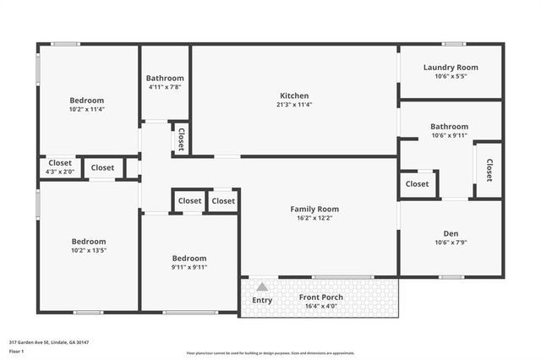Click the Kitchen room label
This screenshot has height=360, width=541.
coord(293,95)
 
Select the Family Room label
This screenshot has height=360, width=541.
coord(314,209)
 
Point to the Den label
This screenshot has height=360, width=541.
coord(451,233)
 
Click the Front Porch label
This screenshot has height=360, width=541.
coord(321,297)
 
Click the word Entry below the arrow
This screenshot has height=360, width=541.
coord(262,300)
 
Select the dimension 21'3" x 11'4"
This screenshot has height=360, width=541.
coord(293,105)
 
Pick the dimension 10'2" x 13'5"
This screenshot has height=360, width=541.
coord(88,250)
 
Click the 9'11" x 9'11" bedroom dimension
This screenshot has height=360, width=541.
coord(189,267)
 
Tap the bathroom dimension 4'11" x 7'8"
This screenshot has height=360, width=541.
coord(165,86)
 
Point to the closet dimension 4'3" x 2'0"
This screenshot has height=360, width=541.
coord(59,172)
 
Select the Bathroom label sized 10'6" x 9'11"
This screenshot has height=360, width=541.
coord(449,127)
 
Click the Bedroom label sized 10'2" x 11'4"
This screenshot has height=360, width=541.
coord(88,100)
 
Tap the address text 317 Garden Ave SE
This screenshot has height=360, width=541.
coord(48,342)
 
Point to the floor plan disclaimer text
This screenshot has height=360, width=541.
coord(270,352)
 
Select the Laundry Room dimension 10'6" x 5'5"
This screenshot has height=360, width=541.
coord(451,76)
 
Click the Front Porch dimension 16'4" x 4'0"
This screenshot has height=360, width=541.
coord(321,307)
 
